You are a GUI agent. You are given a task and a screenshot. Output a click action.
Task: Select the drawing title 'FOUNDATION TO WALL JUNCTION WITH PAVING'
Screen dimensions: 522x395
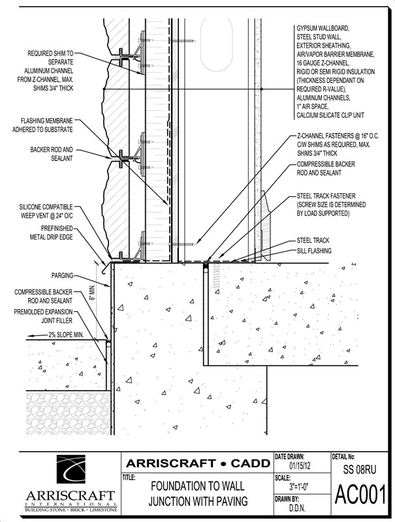pos(198,493)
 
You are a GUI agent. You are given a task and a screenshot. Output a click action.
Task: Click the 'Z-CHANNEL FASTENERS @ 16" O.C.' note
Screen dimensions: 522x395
pos(340,136)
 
